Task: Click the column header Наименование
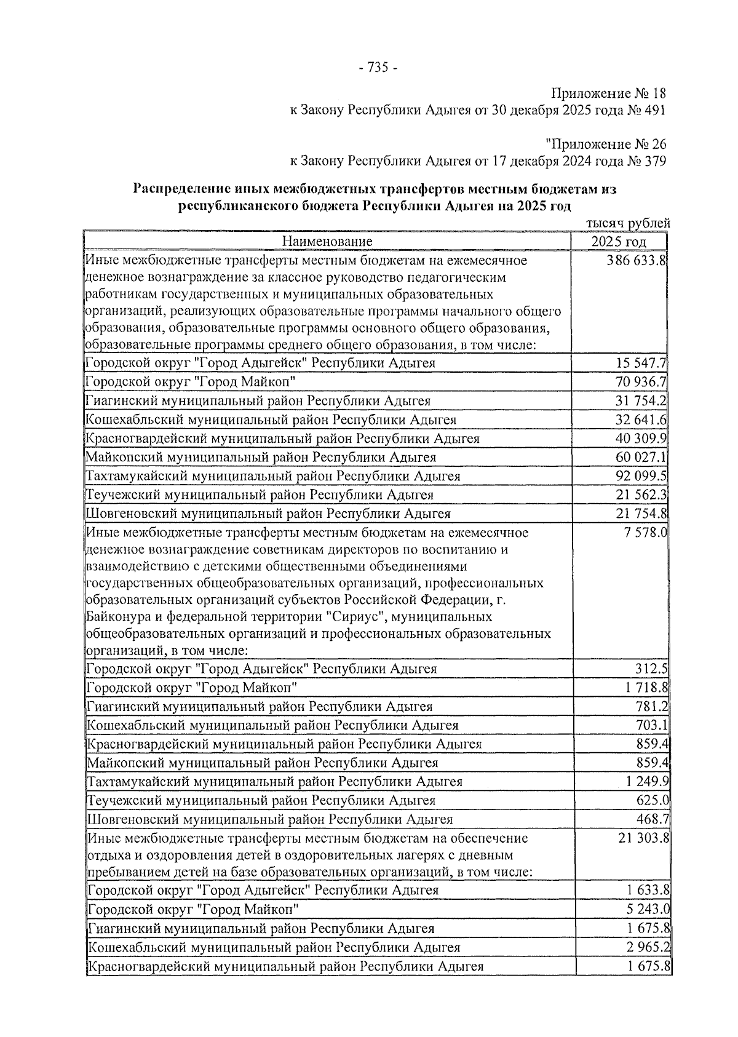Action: pos(327,241)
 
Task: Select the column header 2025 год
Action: pos(619,241)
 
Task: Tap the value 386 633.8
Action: pos(636,260)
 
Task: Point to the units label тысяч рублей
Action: pos(629,224)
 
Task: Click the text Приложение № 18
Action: pos(608,93)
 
